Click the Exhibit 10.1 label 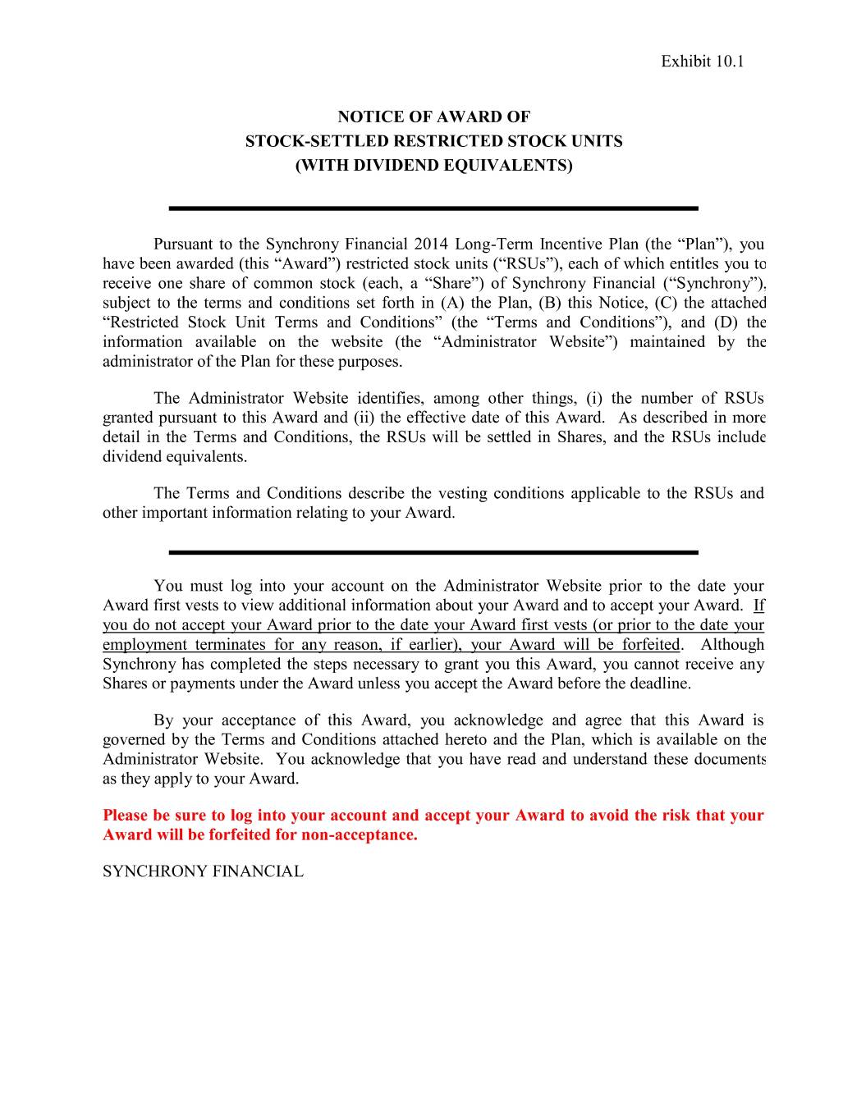click(x=702, y=62)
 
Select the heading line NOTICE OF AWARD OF click(x=433, y=117)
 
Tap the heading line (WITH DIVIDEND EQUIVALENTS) click(x=433, y=165)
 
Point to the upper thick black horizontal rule click(x=433, y=208)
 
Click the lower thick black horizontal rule click(x=433, y=552)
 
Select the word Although click(x=731, y=645)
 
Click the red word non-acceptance click(x=360, y=835)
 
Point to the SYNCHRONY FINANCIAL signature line click(x=203, y=871)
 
